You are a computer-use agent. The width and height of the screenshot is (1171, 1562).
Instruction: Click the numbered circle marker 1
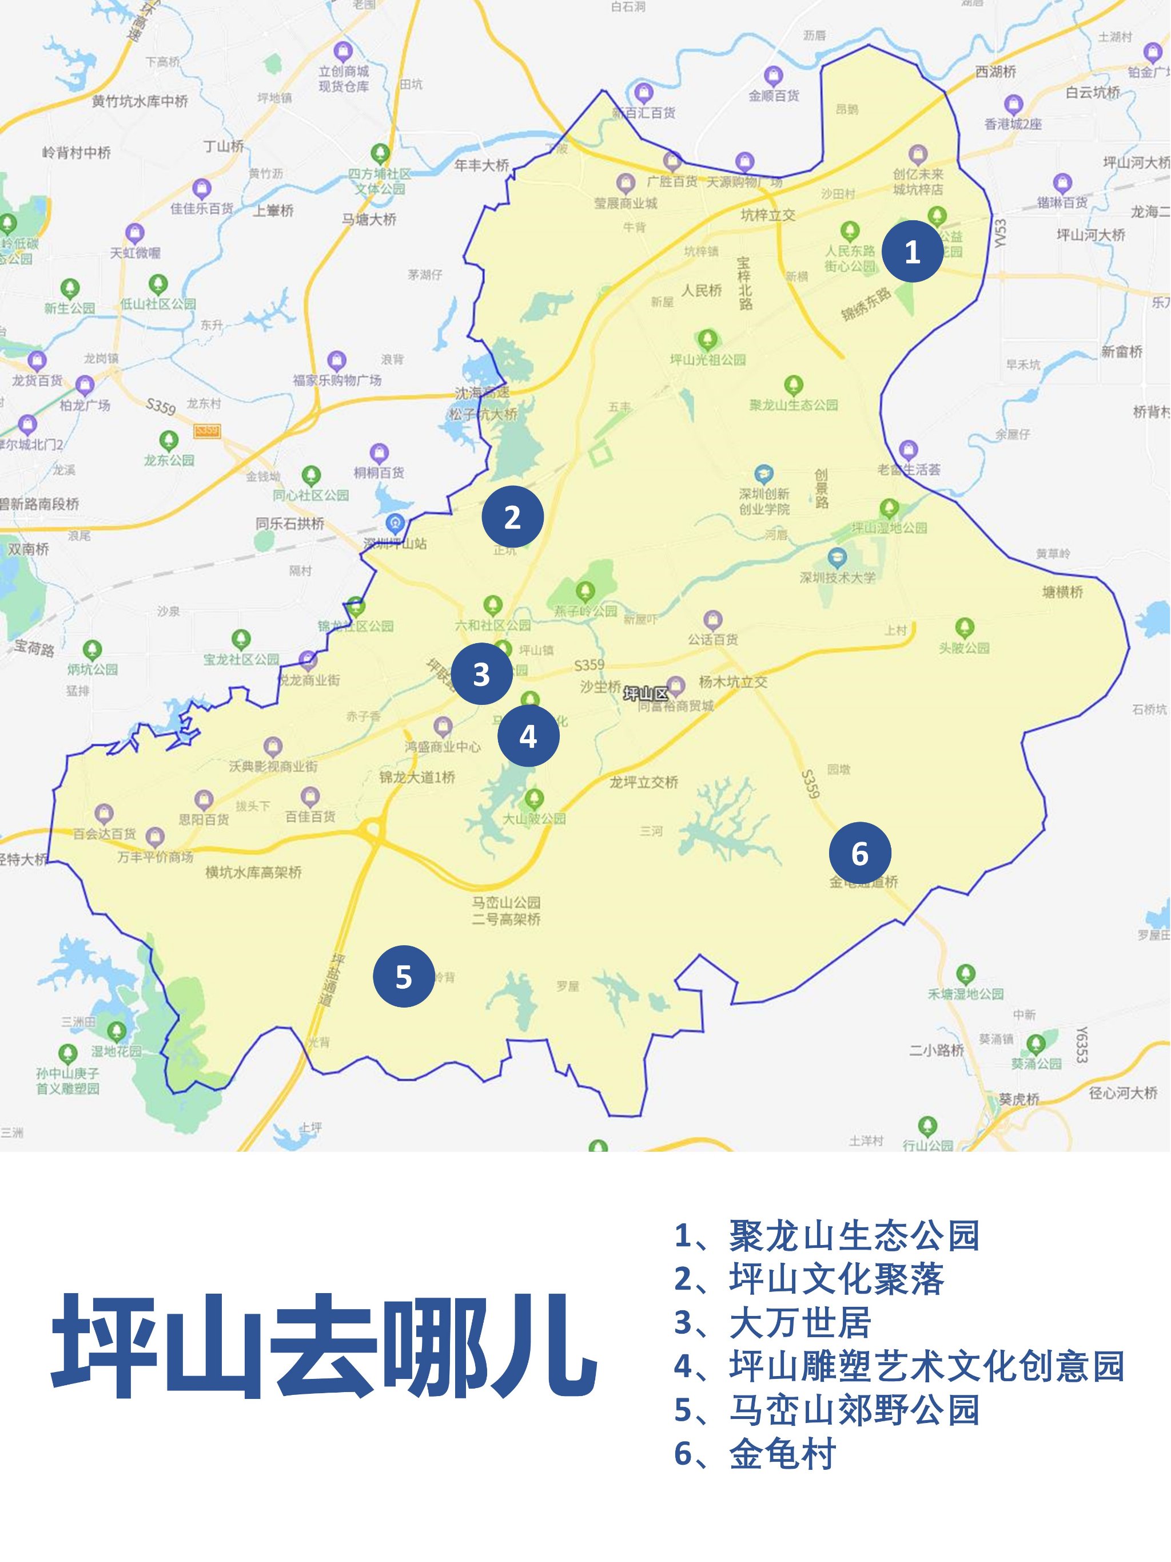point(912,251)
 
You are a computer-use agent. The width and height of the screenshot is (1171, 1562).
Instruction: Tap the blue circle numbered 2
point(512,517)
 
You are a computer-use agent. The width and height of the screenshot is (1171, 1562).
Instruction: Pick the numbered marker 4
point(528,736)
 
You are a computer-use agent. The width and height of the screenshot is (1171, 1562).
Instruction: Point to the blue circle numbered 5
point(403,977)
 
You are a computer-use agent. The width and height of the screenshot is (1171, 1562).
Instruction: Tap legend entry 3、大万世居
point(772,1323)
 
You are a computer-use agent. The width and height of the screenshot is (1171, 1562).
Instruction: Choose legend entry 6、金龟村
point(755,1453)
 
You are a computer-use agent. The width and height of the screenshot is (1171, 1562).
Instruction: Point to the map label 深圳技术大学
point(837,578)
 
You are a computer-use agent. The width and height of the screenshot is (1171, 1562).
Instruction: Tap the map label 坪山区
point(645,694)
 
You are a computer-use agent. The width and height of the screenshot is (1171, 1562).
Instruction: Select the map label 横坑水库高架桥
point(253,873)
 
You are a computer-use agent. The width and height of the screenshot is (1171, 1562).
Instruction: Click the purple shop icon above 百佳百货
point(310,797)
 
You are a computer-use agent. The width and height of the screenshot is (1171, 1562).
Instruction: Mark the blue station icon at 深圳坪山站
point(395,524)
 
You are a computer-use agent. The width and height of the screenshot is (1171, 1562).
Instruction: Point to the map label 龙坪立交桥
point(644,782)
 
